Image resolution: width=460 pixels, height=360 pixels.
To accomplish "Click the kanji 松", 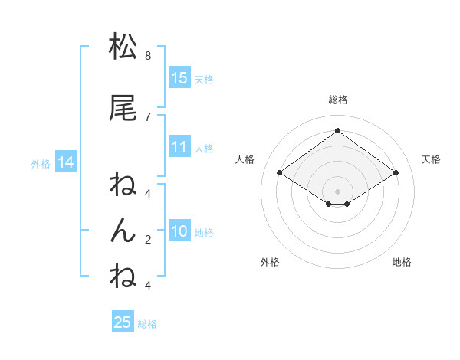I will tap(123, 47).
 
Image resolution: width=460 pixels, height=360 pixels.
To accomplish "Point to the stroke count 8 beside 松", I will tap(147, 56).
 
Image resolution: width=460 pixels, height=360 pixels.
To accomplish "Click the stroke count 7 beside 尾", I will tap(147, 116).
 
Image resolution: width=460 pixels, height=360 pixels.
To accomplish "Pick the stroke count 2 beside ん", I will tap(147, 239).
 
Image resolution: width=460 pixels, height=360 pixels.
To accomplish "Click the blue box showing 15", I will tap(179, 77).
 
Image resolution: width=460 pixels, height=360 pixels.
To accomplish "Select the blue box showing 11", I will tap(179, 147).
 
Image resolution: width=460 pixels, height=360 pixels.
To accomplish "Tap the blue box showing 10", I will tap(179, 231).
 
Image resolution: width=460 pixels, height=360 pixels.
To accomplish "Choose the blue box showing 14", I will tap(65, 162).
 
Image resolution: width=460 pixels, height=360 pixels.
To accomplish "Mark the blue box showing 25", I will tap(123, 322).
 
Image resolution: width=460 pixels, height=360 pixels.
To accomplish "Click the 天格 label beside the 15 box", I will tap(204, 79).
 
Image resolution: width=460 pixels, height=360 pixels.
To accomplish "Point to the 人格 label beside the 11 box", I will tap(204, 149).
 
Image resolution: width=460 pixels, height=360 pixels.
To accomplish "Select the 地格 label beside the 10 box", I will tap(204, 233).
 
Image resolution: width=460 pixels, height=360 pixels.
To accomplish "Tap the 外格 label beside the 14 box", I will tap(41, 163).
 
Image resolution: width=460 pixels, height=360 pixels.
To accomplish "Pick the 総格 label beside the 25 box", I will tap(147, 324).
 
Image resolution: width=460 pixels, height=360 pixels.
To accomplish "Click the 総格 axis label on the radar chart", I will tap(337, 100).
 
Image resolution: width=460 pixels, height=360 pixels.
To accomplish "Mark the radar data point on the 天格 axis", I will tap(396, 173).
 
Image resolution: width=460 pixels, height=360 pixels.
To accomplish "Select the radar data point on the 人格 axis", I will tap(280, 173).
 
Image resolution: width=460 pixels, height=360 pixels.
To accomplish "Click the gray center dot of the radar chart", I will tap(337, 191).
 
